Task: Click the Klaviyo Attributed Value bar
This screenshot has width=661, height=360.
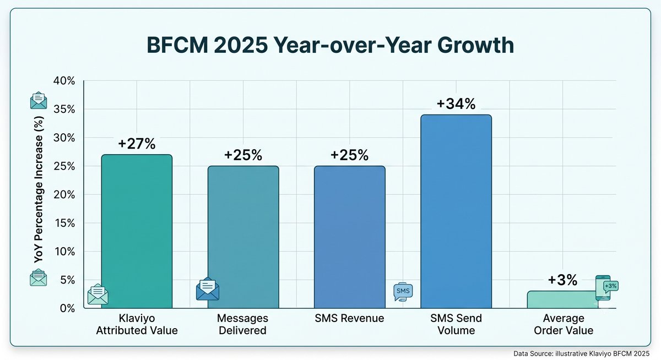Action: (137, 231)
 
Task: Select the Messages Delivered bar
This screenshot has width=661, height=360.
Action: (243, 237)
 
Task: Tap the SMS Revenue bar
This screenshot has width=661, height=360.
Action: (350, 237)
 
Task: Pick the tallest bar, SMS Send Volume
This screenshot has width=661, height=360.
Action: (456, 211)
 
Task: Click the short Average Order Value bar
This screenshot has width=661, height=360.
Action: (562, 299)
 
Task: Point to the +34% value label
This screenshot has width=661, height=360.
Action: (456, 104)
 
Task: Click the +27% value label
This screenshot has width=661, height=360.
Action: (137, 144)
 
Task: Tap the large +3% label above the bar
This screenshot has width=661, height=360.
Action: (562, 280)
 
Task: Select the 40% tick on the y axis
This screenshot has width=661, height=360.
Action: (64, 81)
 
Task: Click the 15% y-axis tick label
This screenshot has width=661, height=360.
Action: (64, 223)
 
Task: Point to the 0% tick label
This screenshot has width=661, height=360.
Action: (67, 308)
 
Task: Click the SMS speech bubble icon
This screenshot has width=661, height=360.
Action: (403, 292)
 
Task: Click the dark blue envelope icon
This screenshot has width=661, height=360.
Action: (208, 288)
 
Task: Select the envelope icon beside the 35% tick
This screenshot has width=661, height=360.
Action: (39, 100)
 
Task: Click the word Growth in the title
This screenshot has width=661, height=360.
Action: (475, 45)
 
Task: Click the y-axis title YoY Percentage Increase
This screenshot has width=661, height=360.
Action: (39, 189)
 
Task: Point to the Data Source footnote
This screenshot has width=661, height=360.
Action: (581, 353)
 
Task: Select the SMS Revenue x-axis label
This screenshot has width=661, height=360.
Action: (349, 318)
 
